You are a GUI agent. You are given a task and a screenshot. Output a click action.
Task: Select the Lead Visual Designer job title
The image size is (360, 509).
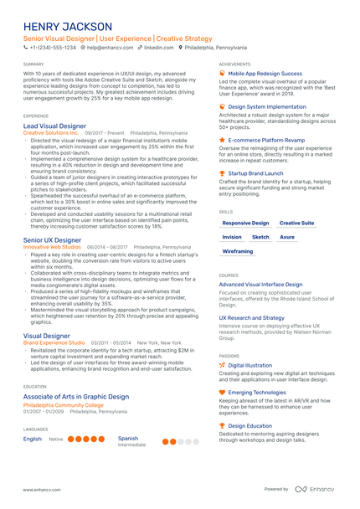click(54, 126)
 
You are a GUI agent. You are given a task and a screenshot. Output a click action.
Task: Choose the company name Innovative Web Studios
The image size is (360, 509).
click(52, 248)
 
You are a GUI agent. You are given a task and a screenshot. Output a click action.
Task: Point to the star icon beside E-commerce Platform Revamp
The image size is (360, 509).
click(222, 140)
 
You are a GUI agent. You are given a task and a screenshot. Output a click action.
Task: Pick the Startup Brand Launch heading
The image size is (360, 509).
click(255, 172)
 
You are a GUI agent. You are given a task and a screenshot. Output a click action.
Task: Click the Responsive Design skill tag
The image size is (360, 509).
click(245, 224)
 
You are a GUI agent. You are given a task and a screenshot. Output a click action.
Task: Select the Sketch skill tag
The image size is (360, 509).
click(260, 237)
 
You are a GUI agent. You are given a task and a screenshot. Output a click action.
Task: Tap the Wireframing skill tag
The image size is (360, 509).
click(238, 251)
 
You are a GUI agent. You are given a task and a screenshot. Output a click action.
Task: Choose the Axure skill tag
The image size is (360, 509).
click(287, 237)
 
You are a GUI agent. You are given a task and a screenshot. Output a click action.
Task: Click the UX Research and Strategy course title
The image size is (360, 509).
click(251, 318)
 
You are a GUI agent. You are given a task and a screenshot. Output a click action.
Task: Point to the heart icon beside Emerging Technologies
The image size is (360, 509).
click(222, 392)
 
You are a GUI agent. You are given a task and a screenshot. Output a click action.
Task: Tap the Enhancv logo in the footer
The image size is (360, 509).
click(316, 489)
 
